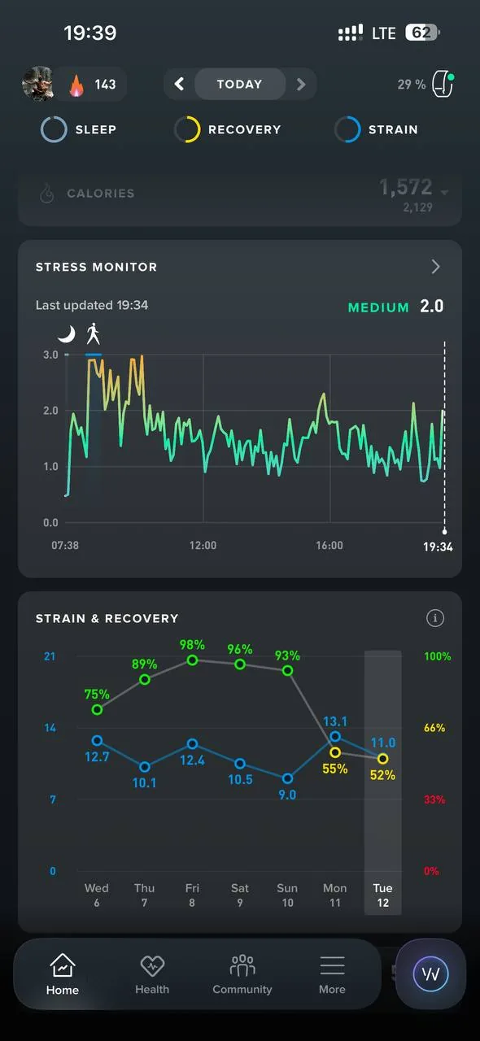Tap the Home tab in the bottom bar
(63, 973)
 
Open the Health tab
(152, 973)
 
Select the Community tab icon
(242, 965)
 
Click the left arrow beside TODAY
(179, 84)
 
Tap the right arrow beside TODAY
(301, 84)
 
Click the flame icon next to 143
(76, 85)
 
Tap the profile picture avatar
(38, 84)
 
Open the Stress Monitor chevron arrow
(435, 267)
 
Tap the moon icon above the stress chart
(67, 333)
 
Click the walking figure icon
(93, 333)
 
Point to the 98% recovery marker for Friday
(192, 660)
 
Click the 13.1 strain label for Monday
(335, 721)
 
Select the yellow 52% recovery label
(382, 775)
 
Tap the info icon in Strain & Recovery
(435, 618)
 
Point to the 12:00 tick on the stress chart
(203, 545)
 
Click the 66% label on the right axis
(434, 728)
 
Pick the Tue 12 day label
(383, 895)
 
